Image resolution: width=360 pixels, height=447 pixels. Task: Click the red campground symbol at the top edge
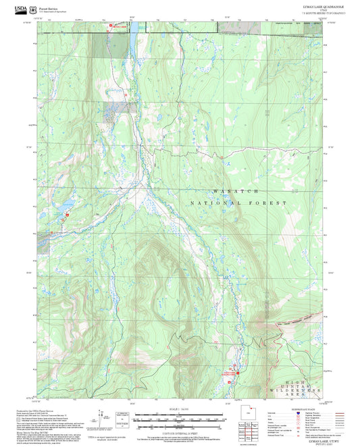(111, 26)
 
